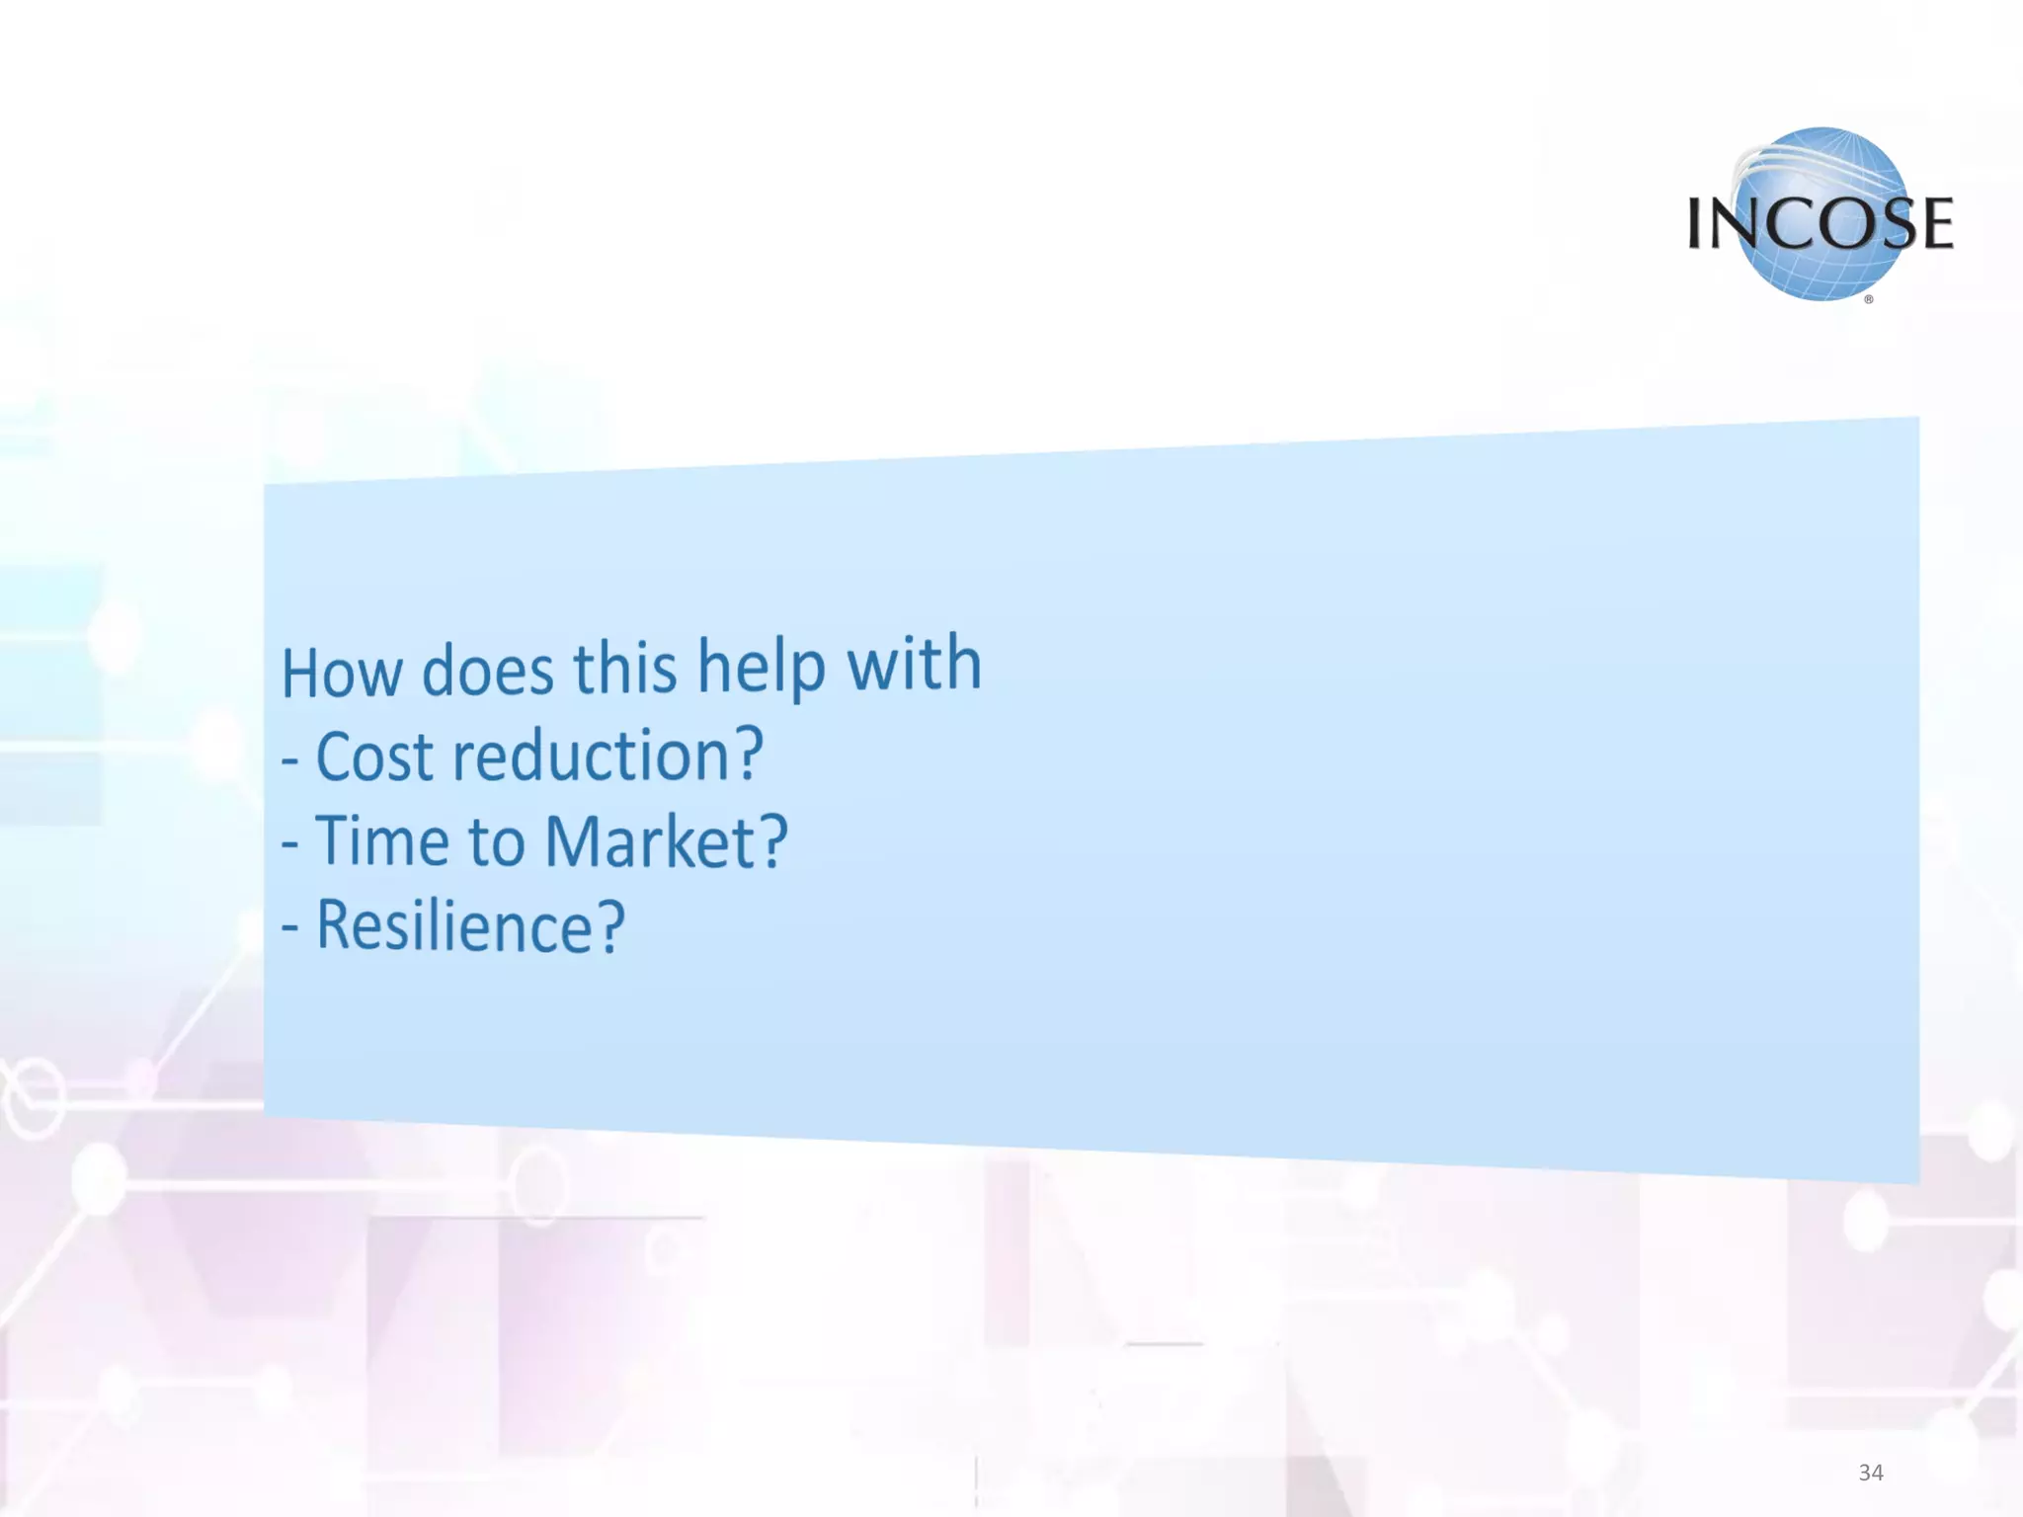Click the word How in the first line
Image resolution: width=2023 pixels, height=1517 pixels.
[x=342, y=672]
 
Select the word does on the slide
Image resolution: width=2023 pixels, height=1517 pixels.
[x=488, y=671]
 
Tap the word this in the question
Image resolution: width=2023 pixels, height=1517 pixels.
[x=625, y=668]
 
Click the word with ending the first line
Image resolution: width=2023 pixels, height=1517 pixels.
[x=914, y=663]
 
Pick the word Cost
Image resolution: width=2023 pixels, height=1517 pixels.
[x=374, y=757]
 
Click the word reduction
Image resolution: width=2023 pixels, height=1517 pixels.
[x=591, y=756]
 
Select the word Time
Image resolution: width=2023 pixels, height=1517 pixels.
[x=382, y=841]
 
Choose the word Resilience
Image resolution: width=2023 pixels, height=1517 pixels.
[x=454, y=926]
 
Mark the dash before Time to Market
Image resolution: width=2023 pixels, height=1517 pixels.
[x=289, y=845]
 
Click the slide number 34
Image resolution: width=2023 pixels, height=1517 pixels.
[x=1870, y=1473]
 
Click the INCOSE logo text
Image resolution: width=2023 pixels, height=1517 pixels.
[x=1820, y=224]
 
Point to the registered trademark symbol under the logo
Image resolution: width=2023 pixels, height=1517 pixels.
[x=1868, y=299]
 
